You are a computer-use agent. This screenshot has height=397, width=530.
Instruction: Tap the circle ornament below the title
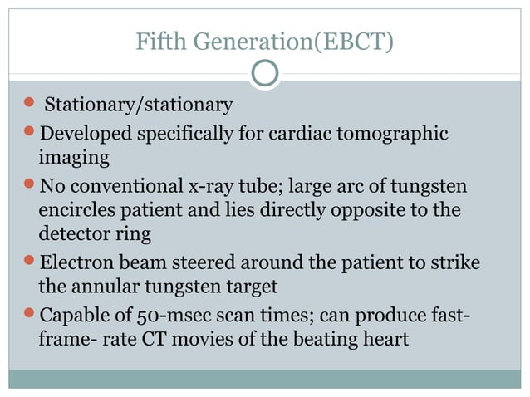coord(264,74)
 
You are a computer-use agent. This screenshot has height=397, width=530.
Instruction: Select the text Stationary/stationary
coord(138,105)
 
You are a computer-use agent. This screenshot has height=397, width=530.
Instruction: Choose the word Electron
coord(81,263)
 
